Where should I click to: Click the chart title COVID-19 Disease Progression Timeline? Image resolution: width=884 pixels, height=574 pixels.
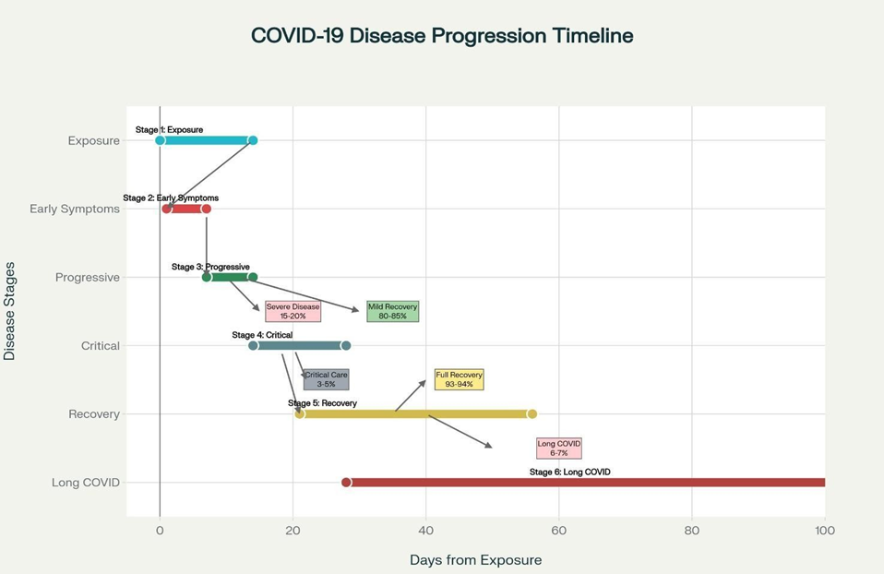point(442,36)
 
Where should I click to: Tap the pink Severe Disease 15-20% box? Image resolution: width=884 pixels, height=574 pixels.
point(293,311)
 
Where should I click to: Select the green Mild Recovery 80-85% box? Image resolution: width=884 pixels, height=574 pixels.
point(392,311)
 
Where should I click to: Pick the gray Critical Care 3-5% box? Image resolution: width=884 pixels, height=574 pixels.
point(326,379)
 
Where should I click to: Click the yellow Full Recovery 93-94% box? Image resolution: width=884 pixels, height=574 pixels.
point(459,379)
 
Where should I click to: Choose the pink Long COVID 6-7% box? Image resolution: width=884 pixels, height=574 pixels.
point(558,448)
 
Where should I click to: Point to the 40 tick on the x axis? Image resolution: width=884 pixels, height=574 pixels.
point(425,531)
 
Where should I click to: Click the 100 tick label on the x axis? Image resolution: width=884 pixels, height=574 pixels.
point(824,531)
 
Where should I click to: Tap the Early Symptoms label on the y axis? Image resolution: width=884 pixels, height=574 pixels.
point(75,209)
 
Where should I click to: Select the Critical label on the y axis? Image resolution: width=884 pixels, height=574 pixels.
point(100,346)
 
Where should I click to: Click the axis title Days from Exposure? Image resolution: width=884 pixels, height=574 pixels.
point(475,560)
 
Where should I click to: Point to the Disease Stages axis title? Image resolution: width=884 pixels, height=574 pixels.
point(10,311)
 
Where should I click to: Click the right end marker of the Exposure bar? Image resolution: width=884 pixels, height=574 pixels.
point(253,140)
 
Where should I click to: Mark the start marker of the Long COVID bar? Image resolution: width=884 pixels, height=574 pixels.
point(346,483)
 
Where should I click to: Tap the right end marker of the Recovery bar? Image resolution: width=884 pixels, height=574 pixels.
point(532,414)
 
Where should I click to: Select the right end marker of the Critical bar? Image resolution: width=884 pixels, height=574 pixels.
point(346,346)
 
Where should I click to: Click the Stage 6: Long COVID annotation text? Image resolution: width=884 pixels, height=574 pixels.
point(569,472)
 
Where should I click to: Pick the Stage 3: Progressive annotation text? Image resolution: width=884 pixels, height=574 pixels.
point(210,267)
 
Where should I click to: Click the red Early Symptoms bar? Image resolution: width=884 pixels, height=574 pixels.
point(186,209)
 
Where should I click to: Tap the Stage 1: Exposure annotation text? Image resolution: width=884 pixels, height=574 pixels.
point(169,130)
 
